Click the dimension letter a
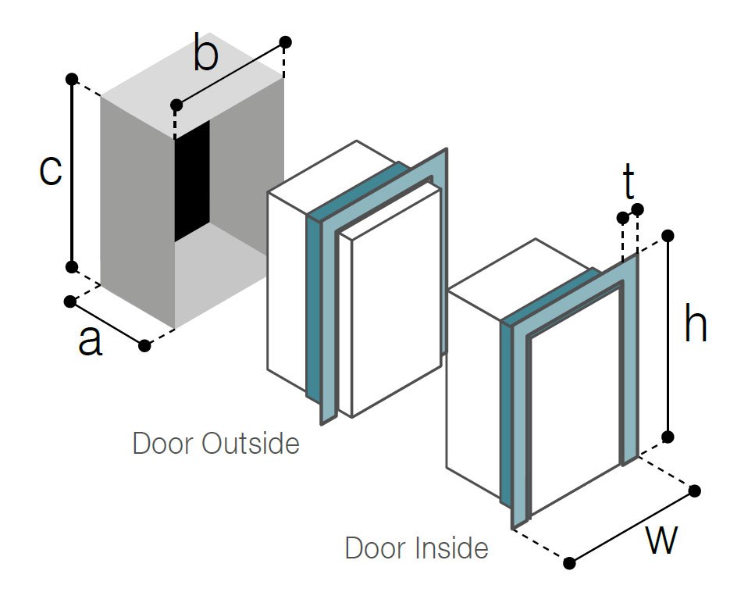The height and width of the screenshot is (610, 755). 91,341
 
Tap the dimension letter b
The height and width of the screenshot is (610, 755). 205,56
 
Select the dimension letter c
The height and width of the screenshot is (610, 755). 50,170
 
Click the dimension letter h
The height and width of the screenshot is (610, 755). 695,324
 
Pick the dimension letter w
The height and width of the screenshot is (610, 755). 661,540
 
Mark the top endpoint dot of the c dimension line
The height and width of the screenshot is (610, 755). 72,79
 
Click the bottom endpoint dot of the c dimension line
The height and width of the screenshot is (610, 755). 72,267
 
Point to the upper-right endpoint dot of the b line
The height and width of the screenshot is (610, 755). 286,41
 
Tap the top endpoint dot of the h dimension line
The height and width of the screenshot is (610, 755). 668,234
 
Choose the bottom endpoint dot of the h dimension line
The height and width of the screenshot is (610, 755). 668,436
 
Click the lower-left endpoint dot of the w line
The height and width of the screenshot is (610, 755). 570,562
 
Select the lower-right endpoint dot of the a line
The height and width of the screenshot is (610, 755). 144,345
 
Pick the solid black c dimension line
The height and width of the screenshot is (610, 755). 72,172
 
